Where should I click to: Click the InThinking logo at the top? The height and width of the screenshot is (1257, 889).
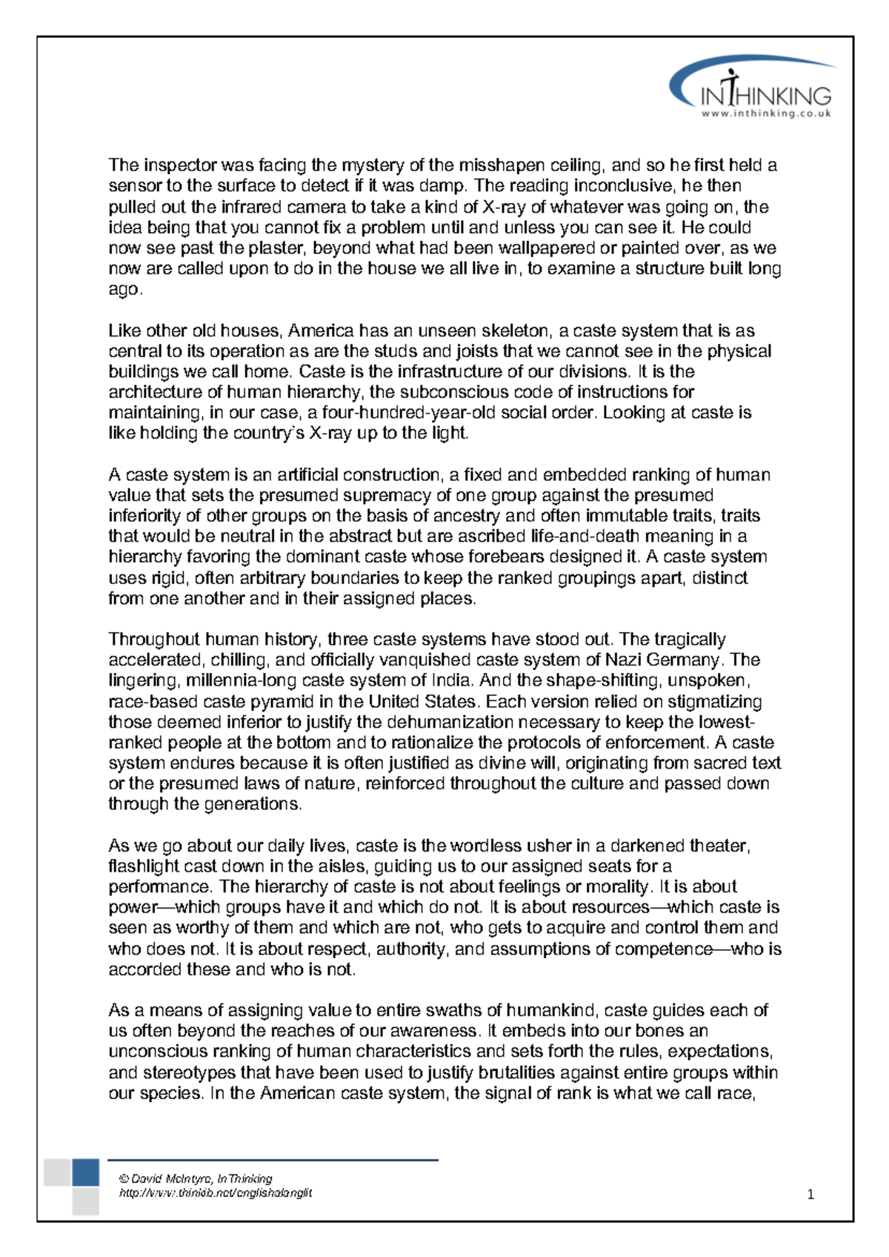coord(753,87)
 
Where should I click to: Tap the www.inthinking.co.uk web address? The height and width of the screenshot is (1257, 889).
coord(766,114)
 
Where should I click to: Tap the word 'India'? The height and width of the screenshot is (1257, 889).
coord(451,680)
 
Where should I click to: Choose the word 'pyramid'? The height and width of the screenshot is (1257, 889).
coord(273,701)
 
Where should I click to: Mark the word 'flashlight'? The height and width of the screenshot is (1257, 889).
coord(144,866)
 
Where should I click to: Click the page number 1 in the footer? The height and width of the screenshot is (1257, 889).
coord(810,1194)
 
